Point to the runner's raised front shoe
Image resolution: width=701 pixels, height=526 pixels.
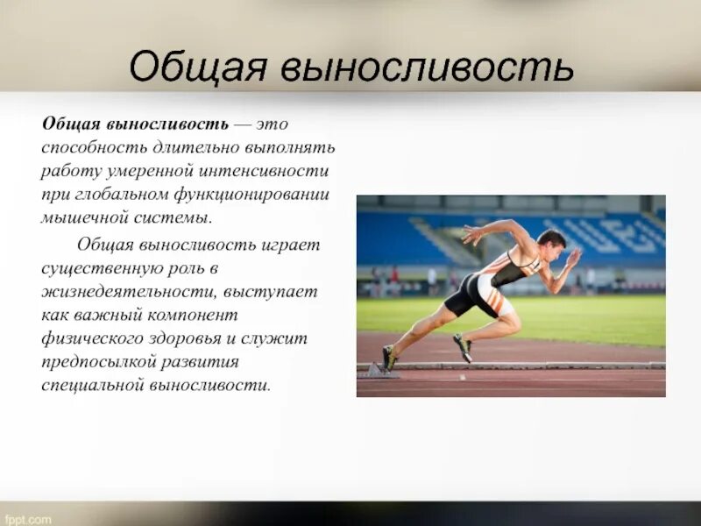463,347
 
